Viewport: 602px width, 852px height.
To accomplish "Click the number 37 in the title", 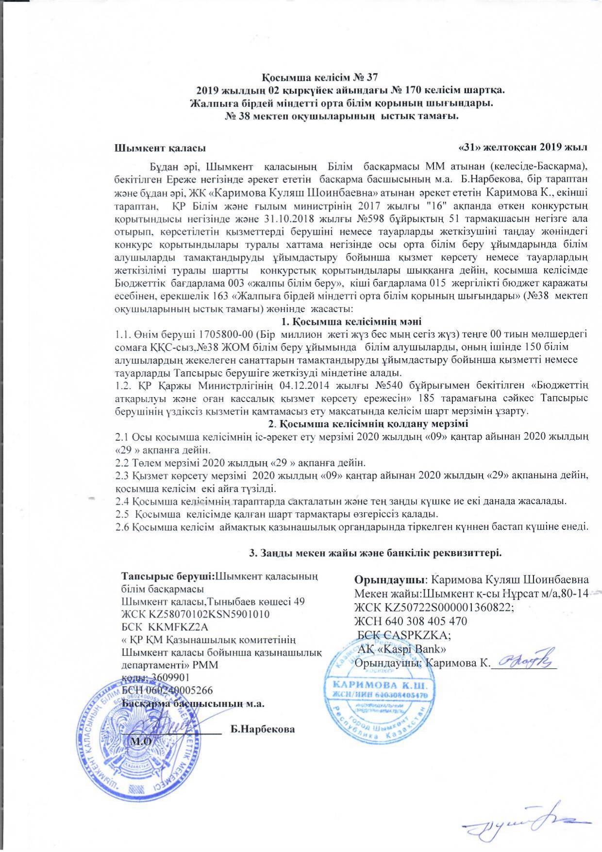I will [x=370, y=78].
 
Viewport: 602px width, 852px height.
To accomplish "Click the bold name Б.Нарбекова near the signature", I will [x=263, y=730].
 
